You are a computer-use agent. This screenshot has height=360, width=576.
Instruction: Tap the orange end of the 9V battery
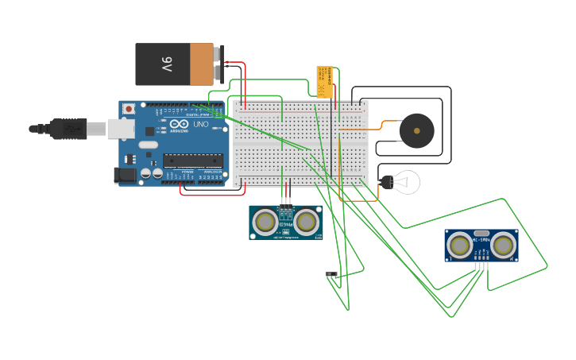202,64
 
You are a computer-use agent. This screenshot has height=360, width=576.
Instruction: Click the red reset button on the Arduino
129,109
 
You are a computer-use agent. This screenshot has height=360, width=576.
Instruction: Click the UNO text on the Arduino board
200,124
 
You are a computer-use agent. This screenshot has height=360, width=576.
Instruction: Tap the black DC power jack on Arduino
125,176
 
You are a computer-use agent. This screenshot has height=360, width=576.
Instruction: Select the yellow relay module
324,82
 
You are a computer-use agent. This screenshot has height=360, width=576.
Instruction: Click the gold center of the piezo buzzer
416,131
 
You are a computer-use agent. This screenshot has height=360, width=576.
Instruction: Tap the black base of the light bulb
386,183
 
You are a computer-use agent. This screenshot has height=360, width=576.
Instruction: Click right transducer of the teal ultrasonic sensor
307,221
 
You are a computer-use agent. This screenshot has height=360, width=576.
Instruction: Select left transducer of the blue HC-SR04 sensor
459,245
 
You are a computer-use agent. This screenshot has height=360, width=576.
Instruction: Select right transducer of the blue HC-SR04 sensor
502,245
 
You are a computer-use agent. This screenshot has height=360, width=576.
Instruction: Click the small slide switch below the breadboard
331,274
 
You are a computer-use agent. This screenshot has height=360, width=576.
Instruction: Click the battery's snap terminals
220,64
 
